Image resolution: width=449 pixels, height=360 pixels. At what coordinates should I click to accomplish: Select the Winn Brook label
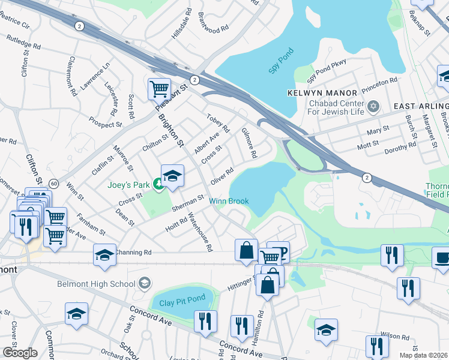click(x=229, y=201)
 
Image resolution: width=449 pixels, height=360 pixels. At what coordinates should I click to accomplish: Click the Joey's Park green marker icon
click(x=158, y=183)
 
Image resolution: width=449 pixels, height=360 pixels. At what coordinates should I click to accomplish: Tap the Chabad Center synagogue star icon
click(x=373, y=106)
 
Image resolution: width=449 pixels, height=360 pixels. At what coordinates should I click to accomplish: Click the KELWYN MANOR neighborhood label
click(x=322, y=93)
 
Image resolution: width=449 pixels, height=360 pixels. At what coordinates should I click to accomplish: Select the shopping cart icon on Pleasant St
click(x=159, y=89)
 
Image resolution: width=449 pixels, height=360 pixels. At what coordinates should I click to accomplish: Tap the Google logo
click(x=20, y=353)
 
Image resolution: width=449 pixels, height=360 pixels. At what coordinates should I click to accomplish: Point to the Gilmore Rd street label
click(x=249, y=144)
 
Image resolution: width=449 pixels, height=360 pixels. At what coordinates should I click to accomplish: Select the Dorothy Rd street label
click(x=400, y=148)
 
